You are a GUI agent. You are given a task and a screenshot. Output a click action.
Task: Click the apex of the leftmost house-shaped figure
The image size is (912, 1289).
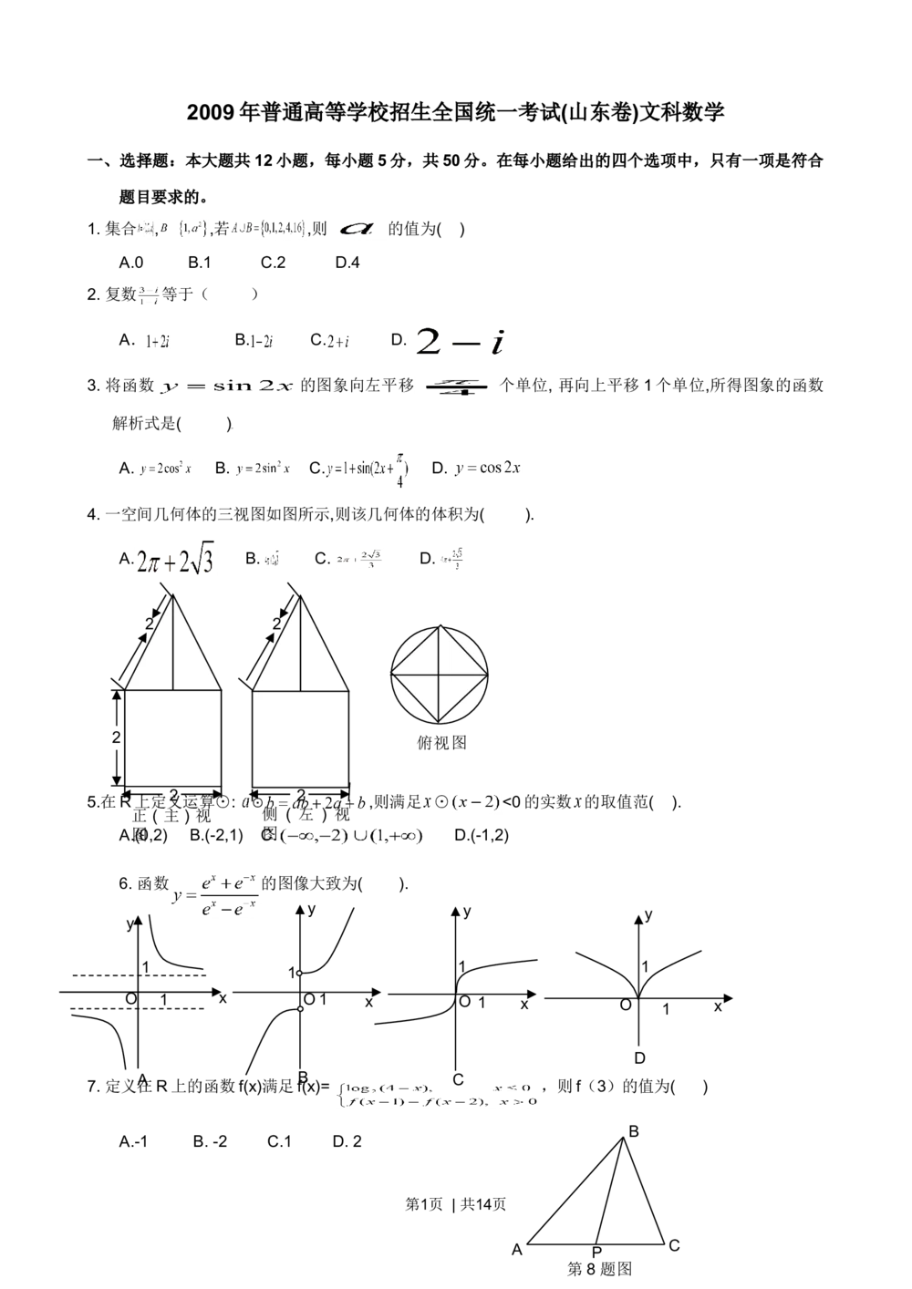point(173,599)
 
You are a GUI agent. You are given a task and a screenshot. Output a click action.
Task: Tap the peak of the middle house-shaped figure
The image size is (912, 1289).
point(301,599)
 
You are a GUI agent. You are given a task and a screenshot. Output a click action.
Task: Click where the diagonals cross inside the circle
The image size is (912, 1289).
point(440,675)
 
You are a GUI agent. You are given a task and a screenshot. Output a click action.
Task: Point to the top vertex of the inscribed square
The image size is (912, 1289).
point(440,625)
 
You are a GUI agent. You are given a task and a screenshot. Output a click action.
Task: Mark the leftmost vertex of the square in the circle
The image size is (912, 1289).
point(392,675)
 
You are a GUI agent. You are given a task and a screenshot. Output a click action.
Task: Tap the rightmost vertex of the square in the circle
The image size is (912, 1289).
point(487,675)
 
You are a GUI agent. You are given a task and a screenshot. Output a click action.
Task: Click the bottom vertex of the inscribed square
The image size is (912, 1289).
point(439,723)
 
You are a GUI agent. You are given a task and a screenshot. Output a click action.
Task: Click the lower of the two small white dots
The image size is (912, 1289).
point(299,1009)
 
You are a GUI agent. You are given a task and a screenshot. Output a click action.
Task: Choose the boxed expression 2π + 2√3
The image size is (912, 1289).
point(174,559)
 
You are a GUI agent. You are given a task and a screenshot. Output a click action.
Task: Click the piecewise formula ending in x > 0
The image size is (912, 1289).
point(437,1095)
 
